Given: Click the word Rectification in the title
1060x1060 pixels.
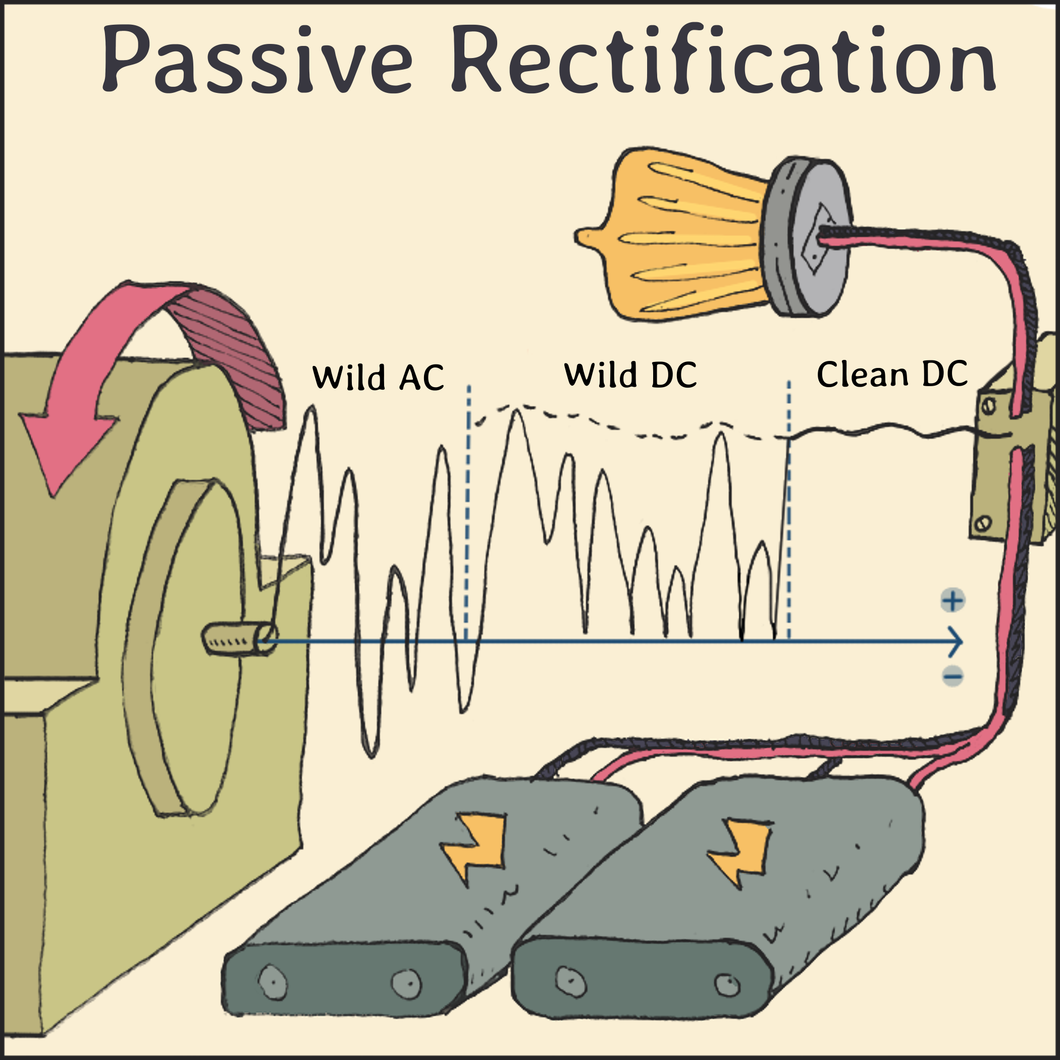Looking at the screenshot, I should pos(723,59).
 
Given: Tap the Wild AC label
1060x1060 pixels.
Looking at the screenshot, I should pos(378,378).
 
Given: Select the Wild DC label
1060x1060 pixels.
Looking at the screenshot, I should pos(630,375).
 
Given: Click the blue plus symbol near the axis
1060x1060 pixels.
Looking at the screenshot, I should pos(953,601).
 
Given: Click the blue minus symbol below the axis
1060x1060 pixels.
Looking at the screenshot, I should pos(953,675).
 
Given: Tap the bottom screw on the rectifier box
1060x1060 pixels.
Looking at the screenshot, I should pos(983,522).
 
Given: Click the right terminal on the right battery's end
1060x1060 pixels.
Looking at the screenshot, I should pos(727,984).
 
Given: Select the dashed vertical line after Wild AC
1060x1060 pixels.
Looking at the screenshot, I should pos(468,510).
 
